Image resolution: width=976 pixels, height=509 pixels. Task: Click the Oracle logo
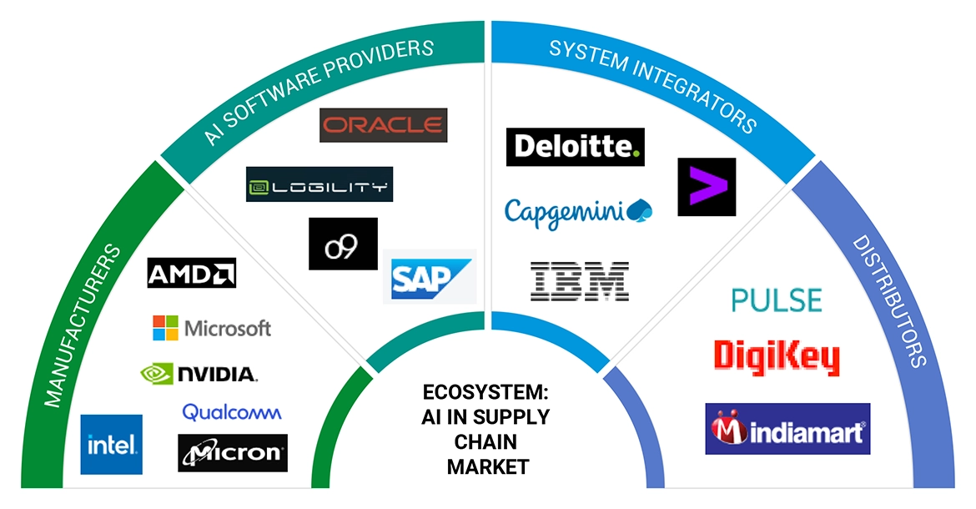[x=383, y=125]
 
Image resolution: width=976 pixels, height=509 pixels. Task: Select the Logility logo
[x=319, y=185]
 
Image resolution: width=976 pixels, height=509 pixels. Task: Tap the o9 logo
[x=343, y=244]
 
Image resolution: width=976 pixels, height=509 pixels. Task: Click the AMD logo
[x=191, y=273]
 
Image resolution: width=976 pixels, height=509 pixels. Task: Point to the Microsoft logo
[x=212, y=328]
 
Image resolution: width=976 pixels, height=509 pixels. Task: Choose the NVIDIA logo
[x=199, y=373]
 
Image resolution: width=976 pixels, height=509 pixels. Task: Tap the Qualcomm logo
[x=232, y=411]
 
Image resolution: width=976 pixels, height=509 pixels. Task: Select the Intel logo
[x=111, y=445]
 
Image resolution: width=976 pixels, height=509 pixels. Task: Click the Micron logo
[x=233, y=453]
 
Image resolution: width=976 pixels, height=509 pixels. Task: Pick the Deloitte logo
[x=575, y=147]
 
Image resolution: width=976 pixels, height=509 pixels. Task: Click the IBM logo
[x=580, y=280]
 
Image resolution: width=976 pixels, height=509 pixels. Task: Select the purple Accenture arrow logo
[x=707, y=186]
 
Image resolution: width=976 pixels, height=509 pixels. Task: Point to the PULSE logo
[x=776, y=300]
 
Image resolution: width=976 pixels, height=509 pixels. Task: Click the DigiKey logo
[x=776, y=356]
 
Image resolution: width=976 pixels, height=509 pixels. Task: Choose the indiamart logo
[x=787, y=429]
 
